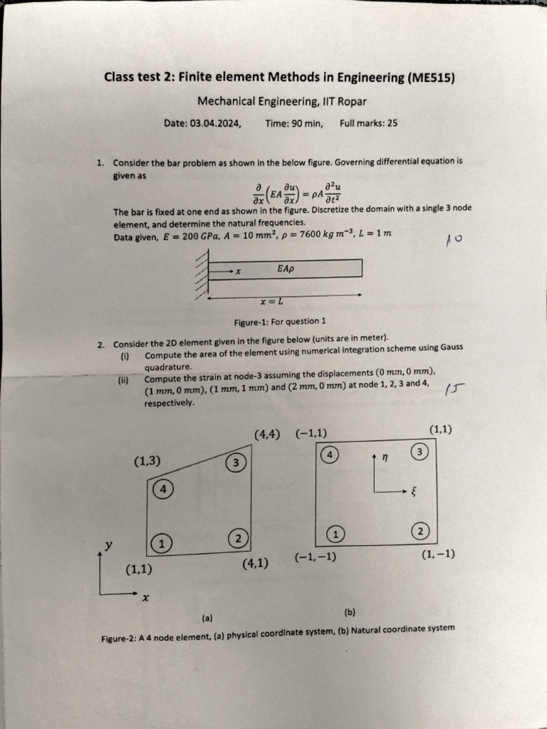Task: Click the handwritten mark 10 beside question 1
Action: [454, 241]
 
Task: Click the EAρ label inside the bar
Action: [286, 269]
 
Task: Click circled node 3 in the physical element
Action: [236, 463]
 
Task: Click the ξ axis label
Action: [412, 491]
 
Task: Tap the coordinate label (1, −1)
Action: [438, 554]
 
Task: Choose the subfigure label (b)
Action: [350, 612]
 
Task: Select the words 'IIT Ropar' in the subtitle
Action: [344, 101]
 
